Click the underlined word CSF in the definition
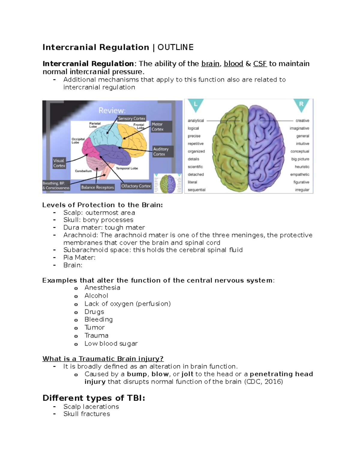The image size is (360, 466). coord(260,64)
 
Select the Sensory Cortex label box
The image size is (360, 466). coord(131,119)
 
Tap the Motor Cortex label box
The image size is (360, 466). coord(161,127)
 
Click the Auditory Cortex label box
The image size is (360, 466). coord(163,152)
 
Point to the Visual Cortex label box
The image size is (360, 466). coord(59,163)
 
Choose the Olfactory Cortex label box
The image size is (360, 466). coord(136,186)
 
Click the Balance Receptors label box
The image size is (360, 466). coord(97,187)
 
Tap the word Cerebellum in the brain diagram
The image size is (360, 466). coord(83,171)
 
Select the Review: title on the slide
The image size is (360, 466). coord(112,110)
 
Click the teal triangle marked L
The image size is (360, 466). coord(196,105)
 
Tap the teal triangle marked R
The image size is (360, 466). coord(301,105)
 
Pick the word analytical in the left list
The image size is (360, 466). coord(196,121)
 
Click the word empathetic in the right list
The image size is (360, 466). coord(299,174)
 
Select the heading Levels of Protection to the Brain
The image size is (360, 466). coord(103,205)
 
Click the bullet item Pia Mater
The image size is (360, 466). coord(79,257)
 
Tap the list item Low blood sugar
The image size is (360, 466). coord(111,344)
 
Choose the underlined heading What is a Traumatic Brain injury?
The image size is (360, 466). coord(103,359)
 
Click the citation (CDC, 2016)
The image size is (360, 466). coord(263,382)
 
